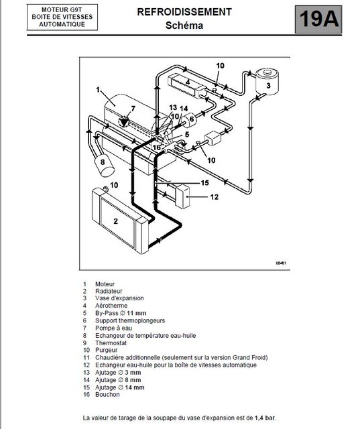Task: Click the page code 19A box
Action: (x=318, y=19)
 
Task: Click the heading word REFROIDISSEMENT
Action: (x=184, y=12)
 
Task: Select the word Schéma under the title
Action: (x=184, y=25)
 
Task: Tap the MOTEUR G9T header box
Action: (x=62, y=17)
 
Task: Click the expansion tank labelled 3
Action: (x=267, y=82)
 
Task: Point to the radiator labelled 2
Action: (x=121, y=221)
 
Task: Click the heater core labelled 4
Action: (x=186, y=85)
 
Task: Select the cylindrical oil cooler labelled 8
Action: (x=104, y=166)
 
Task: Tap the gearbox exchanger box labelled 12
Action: (x=182, y=196)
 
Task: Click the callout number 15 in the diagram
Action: (x=205, y=183)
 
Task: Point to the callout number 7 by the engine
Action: (x=133, y=109)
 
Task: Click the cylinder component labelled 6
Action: (x=189, y=120)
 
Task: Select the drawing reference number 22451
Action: (x=281, y=263)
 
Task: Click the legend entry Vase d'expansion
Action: (x=119, y=298)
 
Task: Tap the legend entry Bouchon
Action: (x=107, y=395)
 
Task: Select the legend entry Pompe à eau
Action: (x=113, y=328)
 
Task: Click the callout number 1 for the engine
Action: (x=98, y=89)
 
